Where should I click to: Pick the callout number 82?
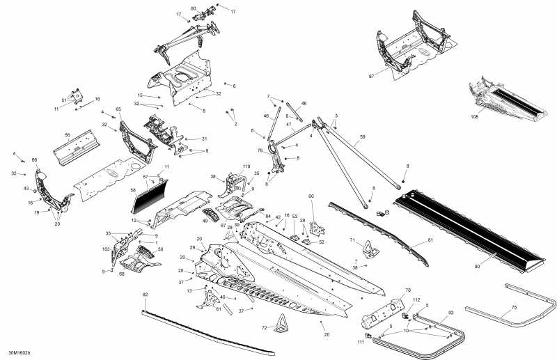pos(145,295)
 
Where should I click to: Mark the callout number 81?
pos(430,241)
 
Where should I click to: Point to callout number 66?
pos(33,160)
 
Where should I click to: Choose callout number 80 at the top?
pos(194,8)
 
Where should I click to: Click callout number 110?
pos(246,167)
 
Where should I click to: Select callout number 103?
pos(106,249)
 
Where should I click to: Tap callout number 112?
pos(416,301)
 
